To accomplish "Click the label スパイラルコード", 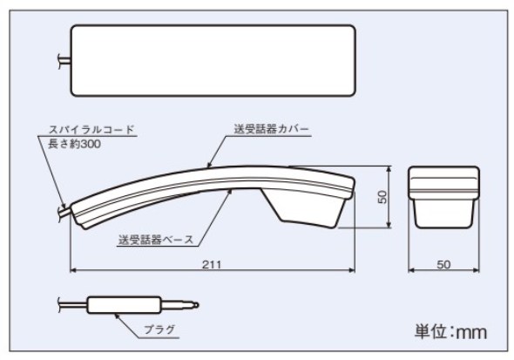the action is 91,129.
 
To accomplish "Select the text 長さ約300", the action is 74,144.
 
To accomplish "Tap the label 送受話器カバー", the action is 271,129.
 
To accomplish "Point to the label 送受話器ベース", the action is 156,240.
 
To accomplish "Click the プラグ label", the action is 159,329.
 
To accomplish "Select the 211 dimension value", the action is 212,264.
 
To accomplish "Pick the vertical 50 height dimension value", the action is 382,197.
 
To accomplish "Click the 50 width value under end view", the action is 443,264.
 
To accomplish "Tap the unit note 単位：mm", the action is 450,331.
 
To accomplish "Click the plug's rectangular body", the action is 125,305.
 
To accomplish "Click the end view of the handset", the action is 443,197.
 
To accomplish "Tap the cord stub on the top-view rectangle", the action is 64,61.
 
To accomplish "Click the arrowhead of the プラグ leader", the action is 117,316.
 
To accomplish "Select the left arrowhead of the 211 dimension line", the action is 73,270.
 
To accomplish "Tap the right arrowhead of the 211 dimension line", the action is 352,270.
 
